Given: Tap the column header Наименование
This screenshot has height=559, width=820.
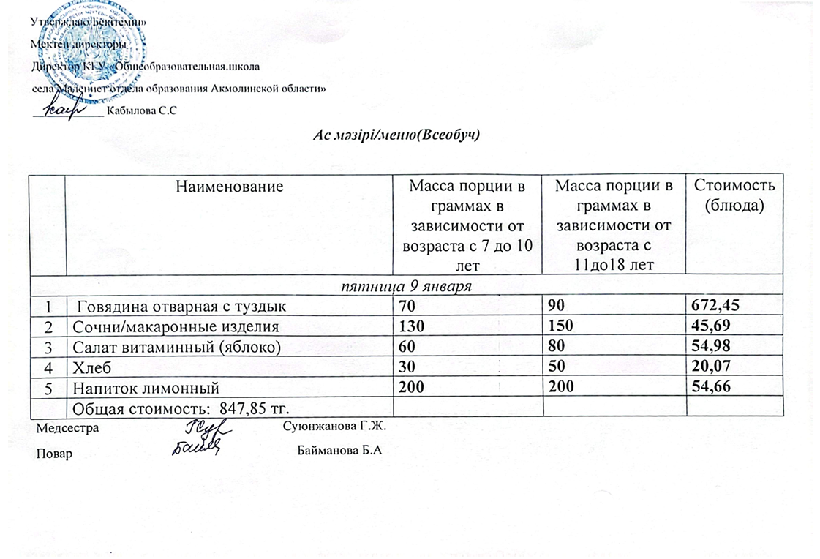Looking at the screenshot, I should pyautogui.click(x=229, y=187).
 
